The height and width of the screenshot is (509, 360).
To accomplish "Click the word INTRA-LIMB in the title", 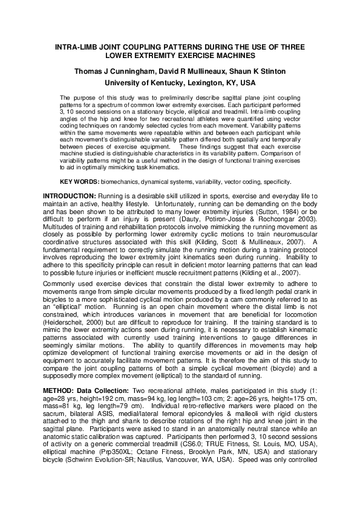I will pyautogui.click(x=77, y=47).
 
